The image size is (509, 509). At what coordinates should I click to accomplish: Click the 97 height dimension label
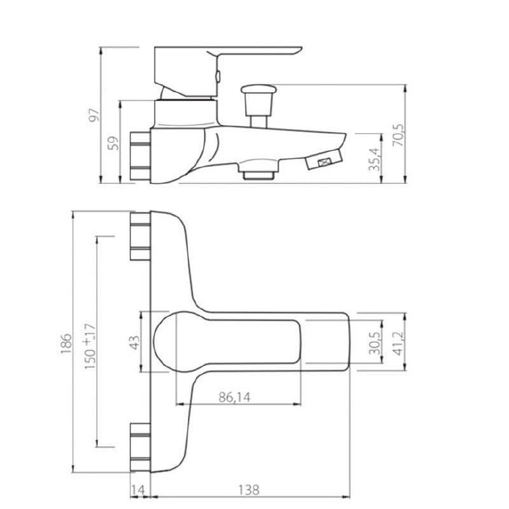click(94, 115)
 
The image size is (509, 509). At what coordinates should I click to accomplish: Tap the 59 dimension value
click(113, 143)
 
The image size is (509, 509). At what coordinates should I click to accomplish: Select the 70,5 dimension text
click(398, 135)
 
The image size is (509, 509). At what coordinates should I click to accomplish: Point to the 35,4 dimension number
click(375, 160)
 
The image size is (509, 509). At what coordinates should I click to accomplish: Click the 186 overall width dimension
click(66, 343)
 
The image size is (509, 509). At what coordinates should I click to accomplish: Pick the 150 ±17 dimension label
click(90, 346)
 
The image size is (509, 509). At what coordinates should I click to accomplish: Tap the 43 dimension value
click(134, 342)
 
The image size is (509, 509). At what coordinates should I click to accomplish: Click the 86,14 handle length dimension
click(235, 397)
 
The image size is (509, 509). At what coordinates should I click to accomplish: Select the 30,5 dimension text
click(375, 343)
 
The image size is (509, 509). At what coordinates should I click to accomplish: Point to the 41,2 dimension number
click(398, 343)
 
